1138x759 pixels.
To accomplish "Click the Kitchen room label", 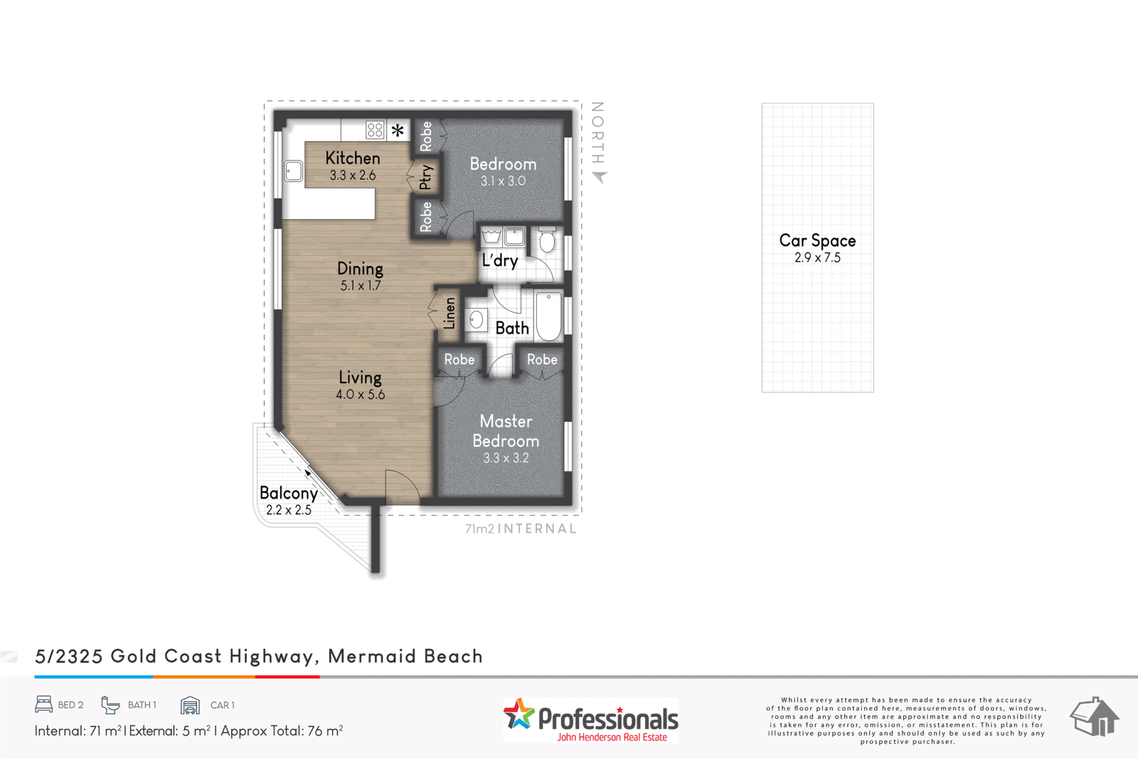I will tap(353, 158).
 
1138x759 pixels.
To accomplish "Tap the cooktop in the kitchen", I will tap(375, 129).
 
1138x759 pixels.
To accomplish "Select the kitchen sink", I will tap(293, 171).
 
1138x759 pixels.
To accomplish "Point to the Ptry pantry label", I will tap(425, 176).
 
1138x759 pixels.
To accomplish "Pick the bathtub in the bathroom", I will tap(548, 316).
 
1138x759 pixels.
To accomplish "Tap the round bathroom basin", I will tap(477, 320).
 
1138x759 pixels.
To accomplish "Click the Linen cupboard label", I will tap(450, 313).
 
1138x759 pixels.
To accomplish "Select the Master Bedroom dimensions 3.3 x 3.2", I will tap(506, 458).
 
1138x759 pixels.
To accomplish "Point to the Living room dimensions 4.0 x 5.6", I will tap(360, 395).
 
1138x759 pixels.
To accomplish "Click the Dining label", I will tap(360, 269).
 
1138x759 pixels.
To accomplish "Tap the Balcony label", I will tap(288, 493).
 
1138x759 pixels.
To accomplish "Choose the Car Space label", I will tap(817, 241).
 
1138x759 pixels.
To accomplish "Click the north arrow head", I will tap(600, 176).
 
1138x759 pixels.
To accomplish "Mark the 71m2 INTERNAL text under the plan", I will tap(521, 529).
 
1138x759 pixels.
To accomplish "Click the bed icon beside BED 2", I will tap(44, 704).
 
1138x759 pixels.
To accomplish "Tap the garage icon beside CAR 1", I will tap(190, 705).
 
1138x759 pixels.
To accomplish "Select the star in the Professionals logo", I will tap(519, 713).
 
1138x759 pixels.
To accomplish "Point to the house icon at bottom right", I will tap(1095, 716).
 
